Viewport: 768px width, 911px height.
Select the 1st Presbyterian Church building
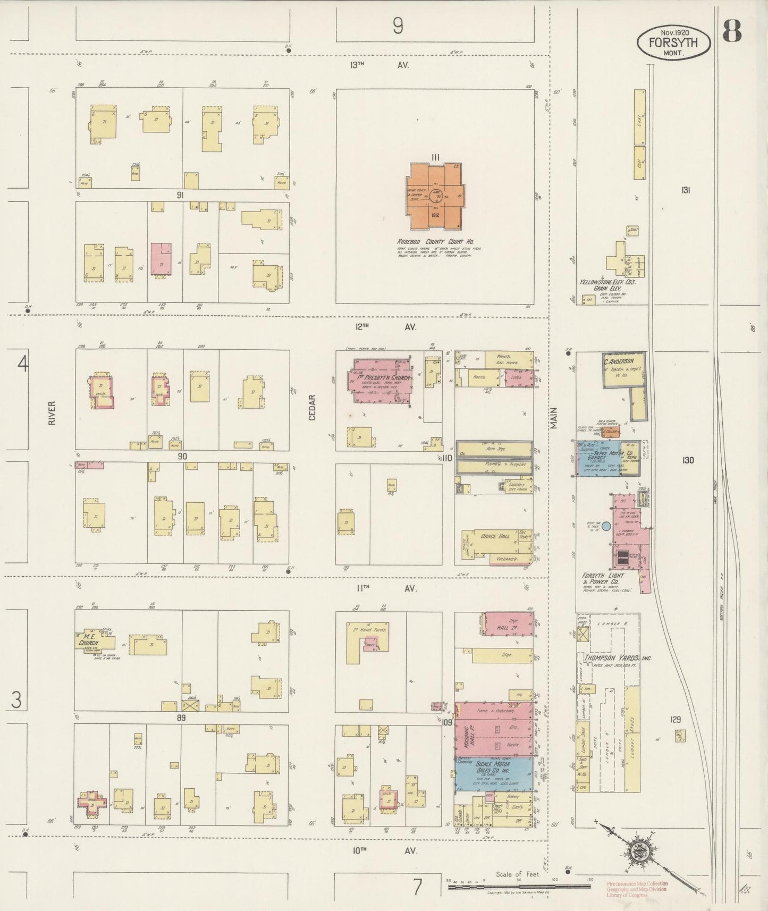tap(381, 383)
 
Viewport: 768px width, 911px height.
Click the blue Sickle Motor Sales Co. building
tap(494, 773)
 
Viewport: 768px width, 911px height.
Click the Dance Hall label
tap(495, 536)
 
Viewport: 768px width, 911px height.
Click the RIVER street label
tap(52, 412)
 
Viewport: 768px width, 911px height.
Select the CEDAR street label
tap(313, 407)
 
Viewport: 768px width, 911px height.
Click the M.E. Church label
tap(86, 639)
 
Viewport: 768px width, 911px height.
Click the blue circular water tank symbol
tap(606, 526)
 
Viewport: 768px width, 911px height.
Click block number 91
tap(180, 195)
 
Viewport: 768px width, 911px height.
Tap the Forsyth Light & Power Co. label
tap(603, 579)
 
